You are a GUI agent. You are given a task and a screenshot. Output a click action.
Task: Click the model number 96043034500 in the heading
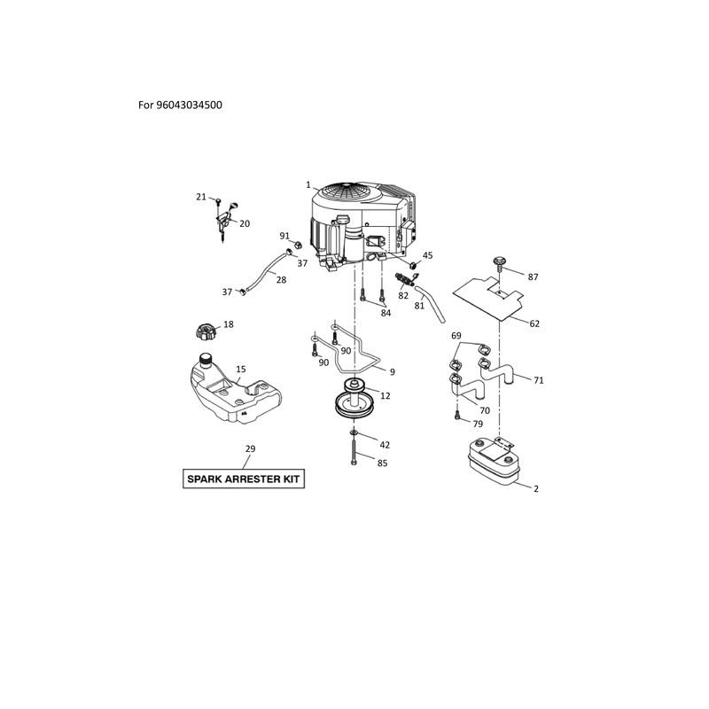pos(189,105)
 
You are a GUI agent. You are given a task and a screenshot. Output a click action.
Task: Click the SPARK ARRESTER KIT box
pos(244,479)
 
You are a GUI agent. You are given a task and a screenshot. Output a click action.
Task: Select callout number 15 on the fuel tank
pos(240,370)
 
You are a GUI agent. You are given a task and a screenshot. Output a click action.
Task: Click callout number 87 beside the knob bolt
pos(534,277)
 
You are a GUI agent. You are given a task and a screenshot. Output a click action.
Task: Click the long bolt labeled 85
pos(353,452)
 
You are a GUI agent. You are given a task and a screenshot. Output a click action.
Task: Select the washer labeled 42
pos(353,433)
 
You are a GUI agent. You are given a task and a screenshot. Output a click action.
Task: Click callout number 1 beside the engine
pos(308,185)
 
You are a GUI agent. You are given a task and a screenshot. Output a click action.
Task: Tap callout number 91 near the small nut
pos(284,236)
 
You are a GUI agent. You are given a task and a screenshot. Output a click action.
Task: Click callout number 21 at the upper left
pos(201,197)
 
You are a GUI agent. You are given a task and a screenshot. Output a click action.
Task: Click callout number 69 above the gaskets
pos(456,336)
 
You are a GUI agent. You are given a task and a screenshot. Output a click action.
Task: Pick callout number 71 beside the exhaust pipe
pos(539,380)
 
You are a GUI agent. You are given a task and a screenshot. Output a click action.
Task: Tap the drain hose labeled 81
pos(431,303)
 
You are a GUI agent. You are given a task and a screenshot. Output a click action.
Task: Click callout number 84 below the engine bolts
pos(386,313)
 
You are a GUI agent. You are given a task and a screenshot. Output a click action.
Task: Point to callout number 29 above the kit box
pos(251,449)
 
